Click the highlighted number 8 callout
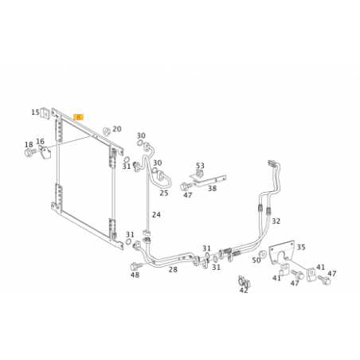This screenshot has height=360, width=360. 79,117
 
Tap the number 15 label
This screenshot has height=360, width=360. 35,112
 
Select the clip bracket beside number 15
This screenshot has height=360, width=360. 45,114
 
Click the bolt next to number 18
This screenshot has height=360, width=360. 30,152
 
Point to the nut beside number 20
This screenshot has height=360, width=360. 107,131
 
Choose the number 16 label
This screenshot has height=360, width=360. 40,141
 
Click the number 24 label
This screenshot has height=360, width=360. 156,214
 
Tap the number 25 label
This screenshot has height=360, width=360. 164,193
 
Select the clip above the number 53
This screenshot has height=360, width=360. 199,174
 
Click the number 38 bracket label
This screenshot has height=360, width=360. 212,189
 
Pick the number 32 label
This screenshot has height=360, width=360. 276,221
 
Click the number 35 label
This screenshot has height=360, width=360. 301,248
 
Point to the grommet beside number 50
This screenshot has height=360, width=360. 262,254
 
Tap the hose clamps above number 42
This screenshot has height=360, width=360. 244,281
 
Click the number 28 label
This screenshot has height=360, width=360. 173,269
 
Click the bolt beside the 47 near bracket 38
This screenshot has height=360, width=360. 186,186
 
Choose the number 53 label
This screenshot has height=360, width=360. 200,166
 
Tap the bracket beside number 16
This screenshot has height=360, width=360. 45,152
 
